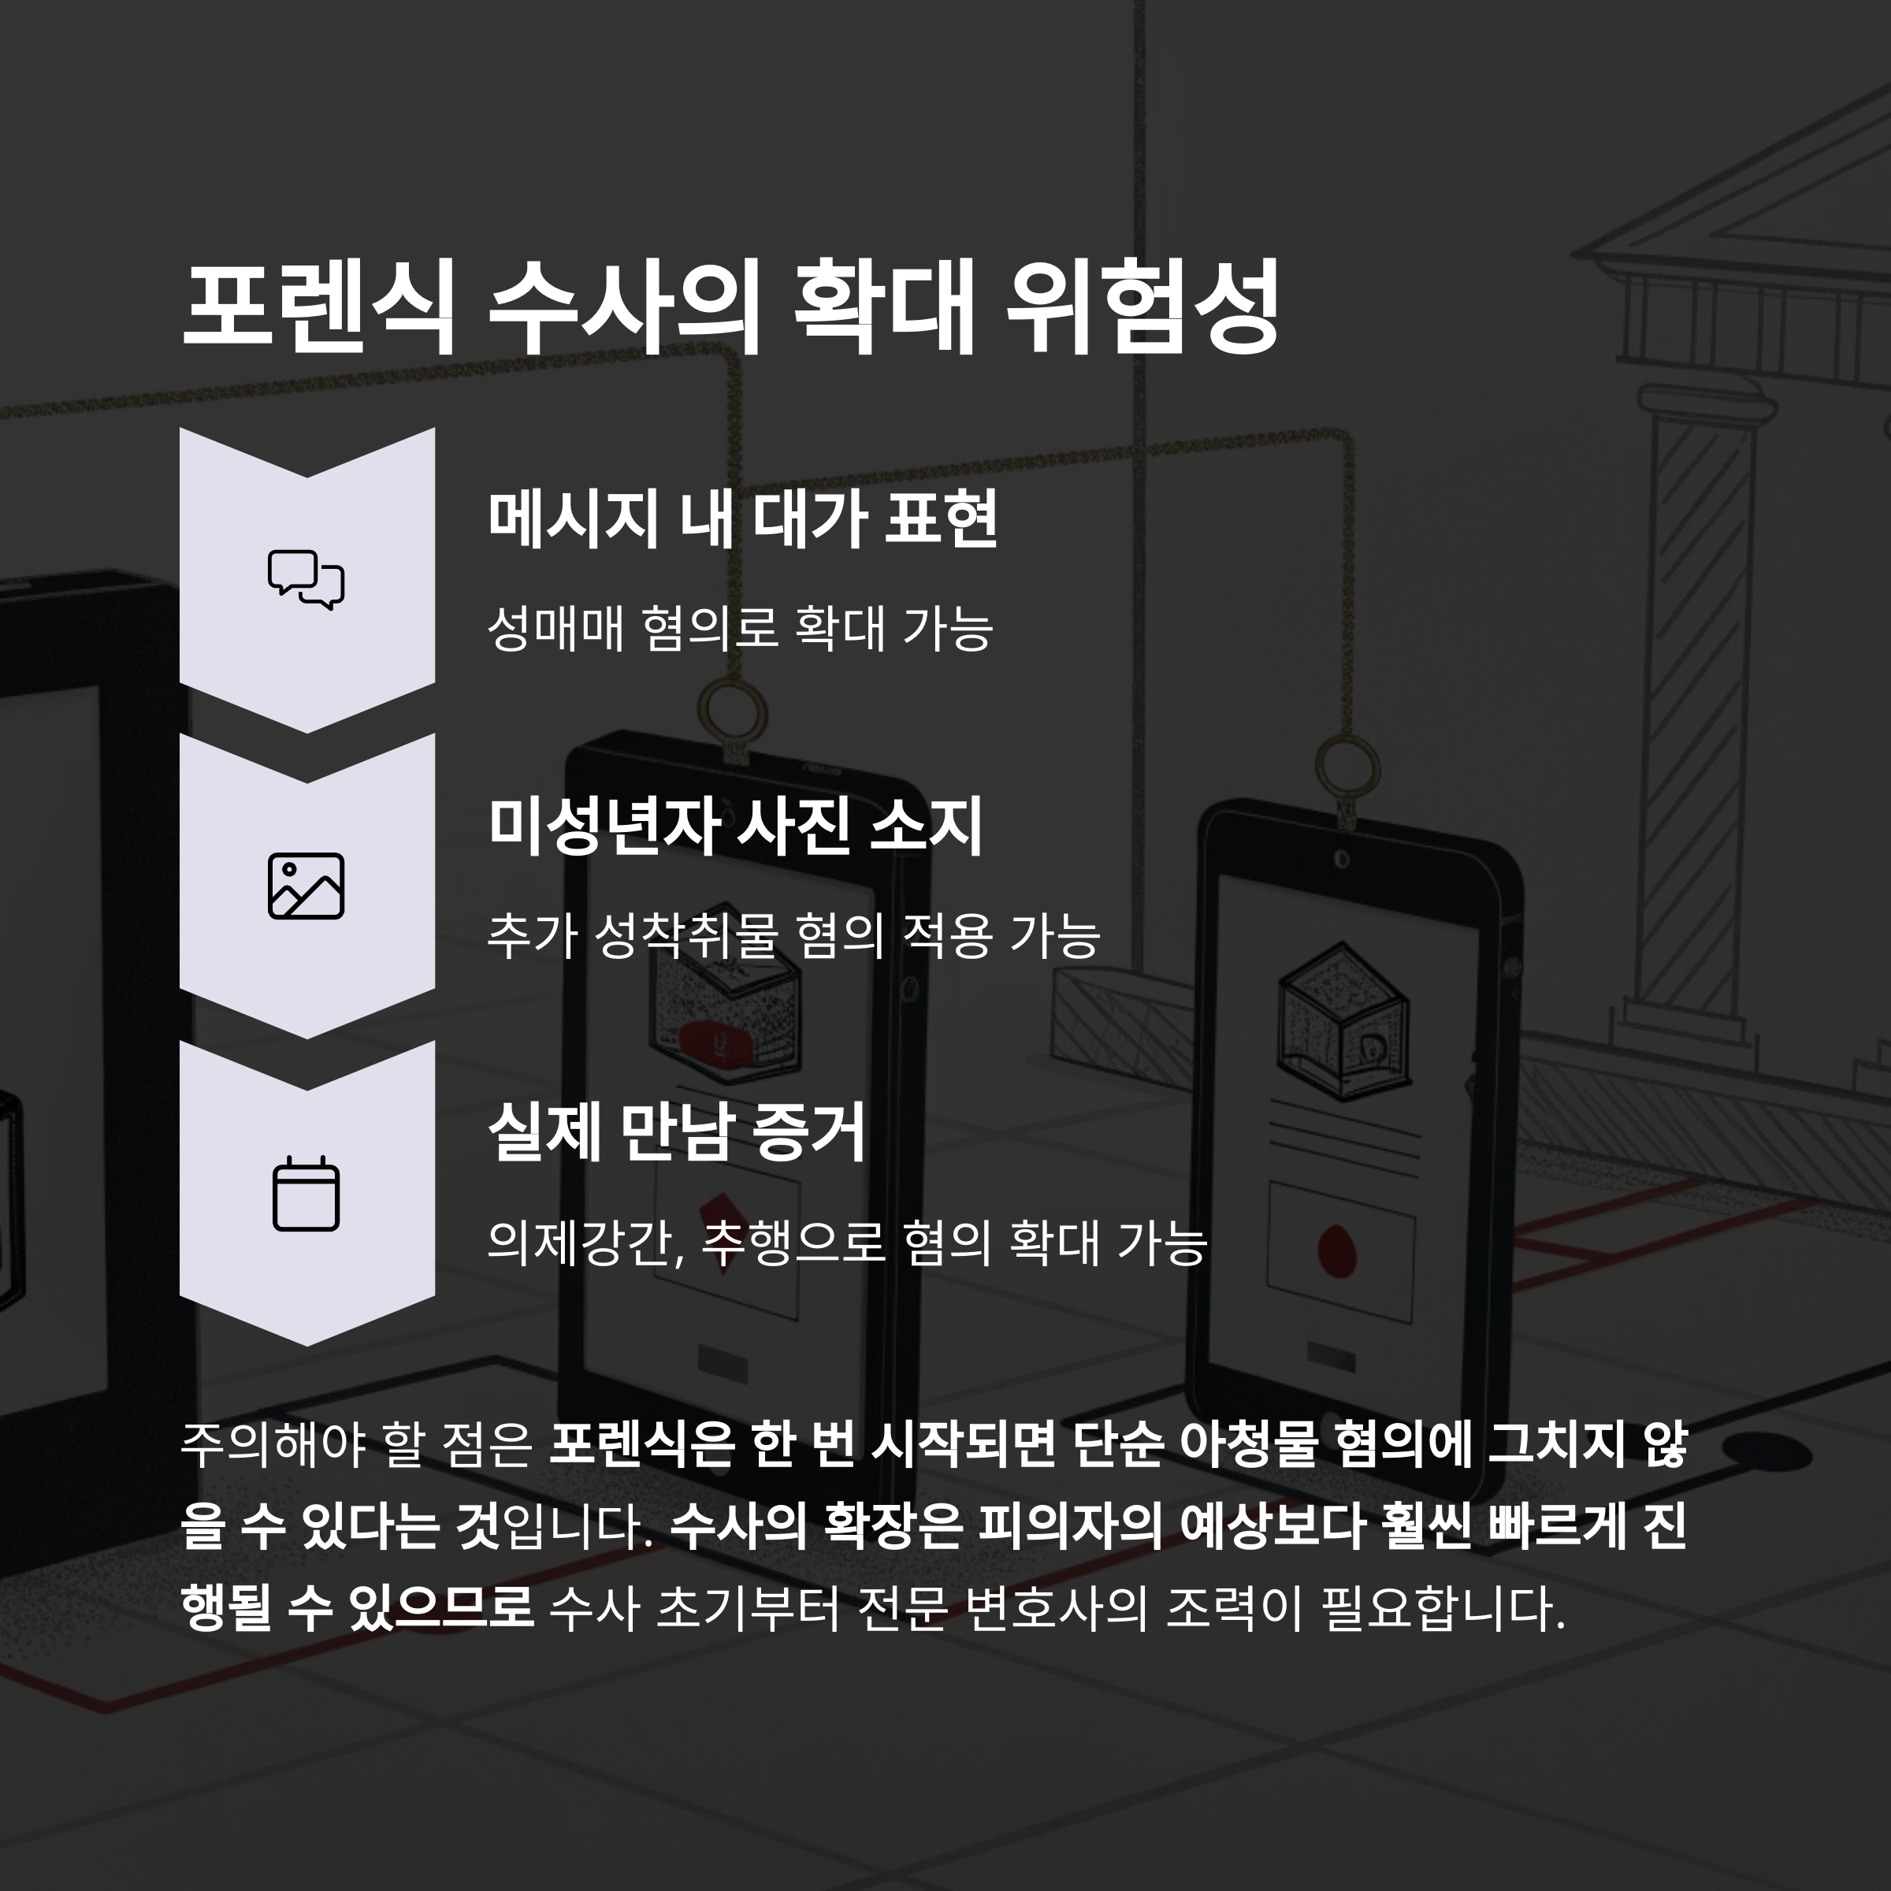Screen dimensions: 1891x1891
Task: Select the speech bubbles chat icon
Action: pyautogui.click(x=306, y=579)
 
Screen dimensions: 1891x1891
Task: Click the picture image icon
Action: pyautogui.click(x=306, y=886)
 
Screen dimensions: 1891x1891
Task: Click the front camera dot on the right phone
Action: pyautogui.click(x=1341, y=860)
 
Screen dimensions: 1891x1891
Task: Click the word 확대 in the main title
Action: pyautogui.click(x=884, y=306)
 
